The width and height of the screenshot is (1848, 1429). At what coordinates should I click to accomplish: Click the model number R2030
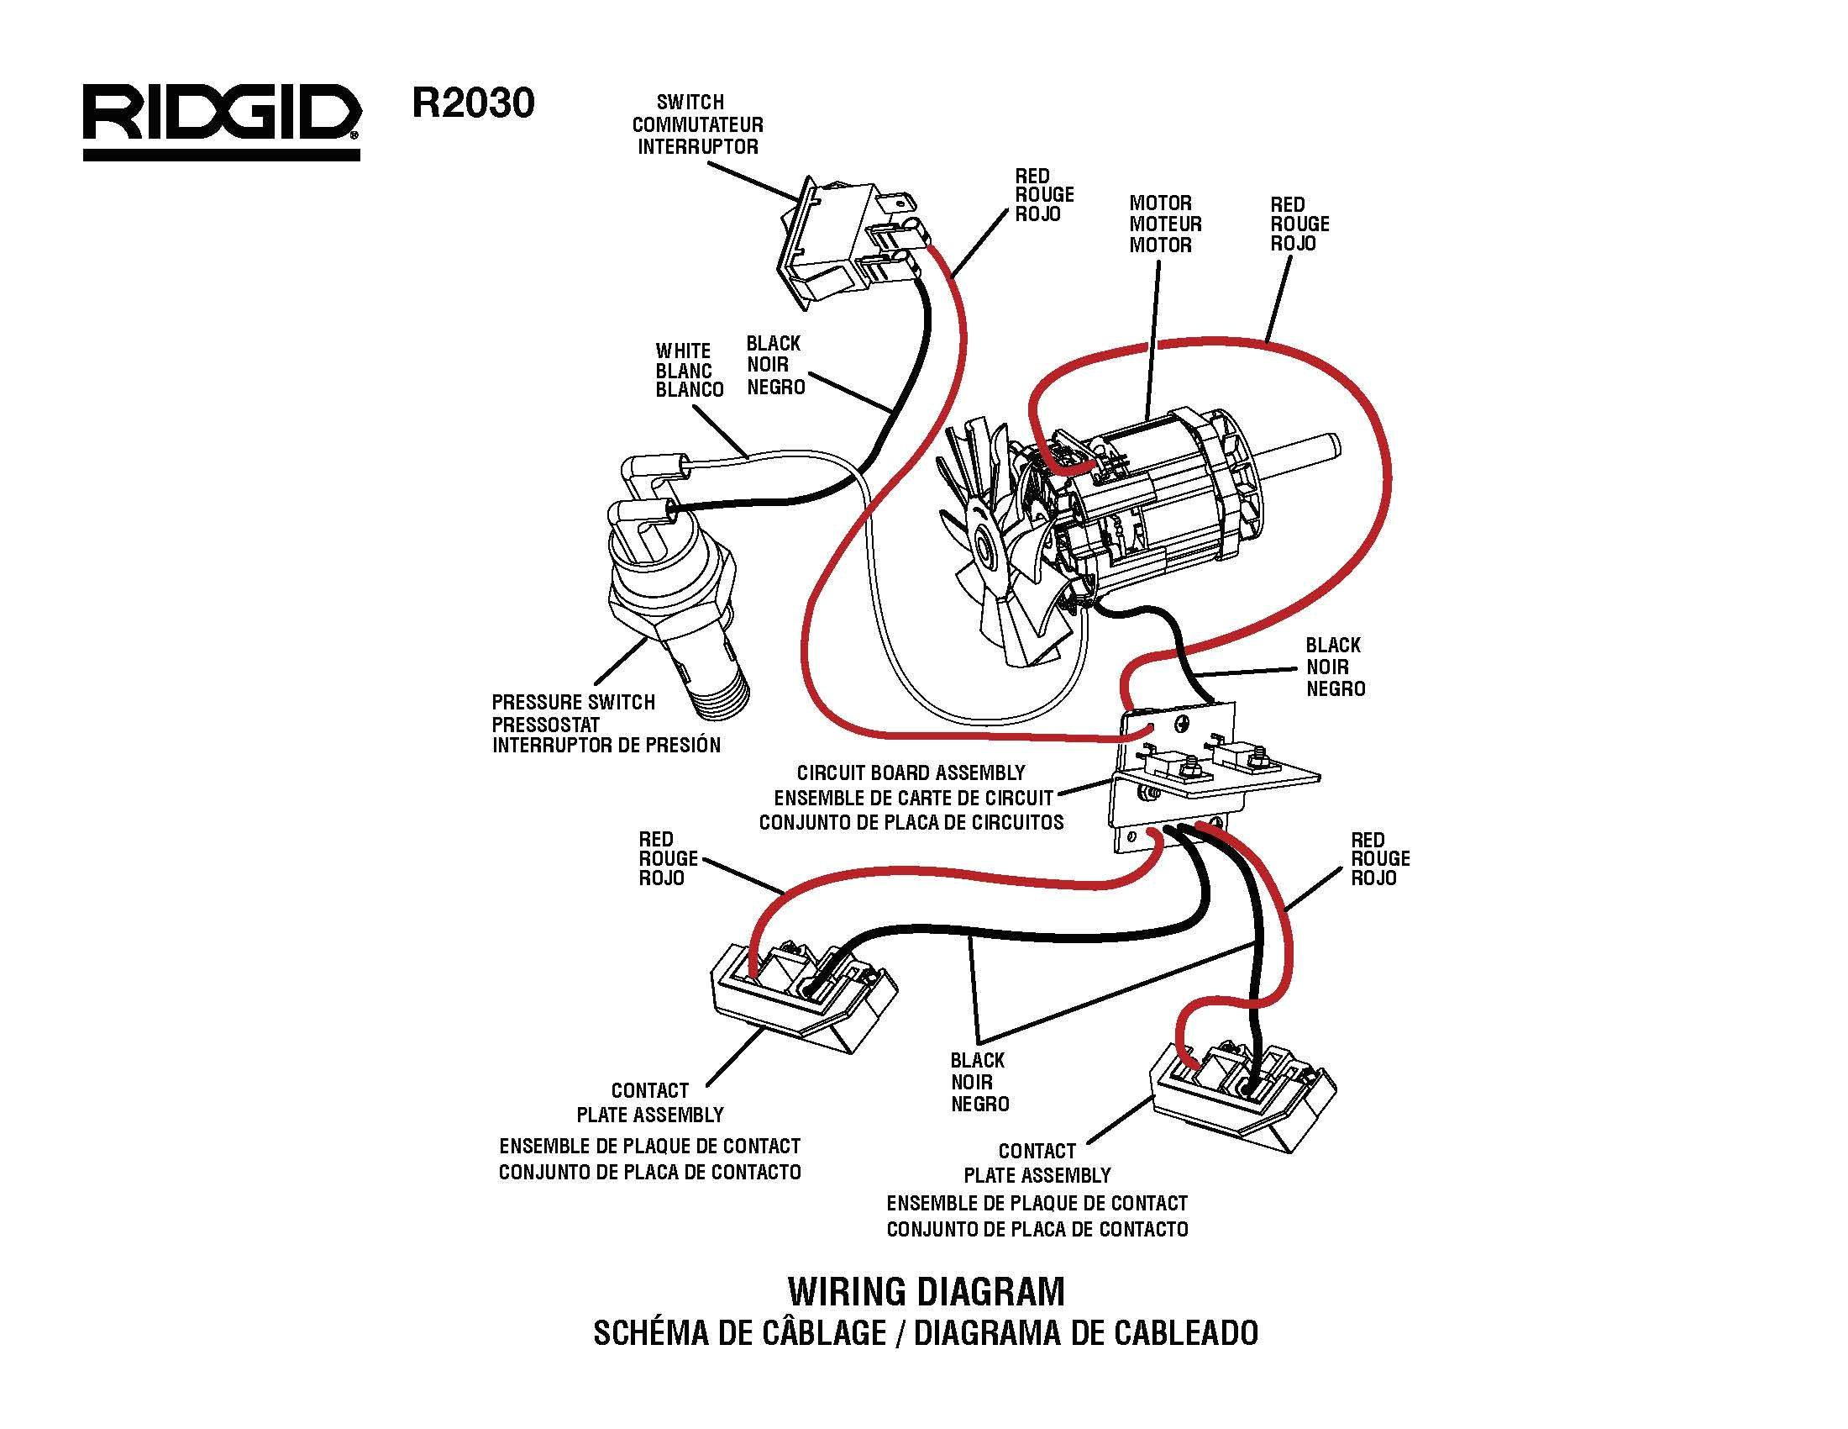coord(473,103)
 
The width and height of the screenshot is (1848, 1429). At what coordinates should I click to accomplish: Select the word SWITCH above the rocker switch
coord(690,103)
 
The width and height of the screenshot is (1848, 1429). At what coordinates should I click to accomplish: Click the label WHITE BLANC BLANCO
coord(689,370)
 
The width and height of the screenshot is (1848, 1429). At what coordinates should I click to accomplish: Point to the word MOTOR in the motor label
coord(1160,203)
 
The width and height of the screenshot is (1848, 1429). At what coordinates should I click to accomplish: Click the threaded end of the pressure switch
coord(725,695)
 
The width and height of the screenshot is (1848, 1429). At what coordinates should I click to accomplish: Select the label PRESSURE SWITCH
coord(573,703)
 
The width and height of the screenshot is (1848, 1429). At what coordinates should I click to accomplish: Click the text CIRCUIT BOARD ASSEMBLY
coord(911,773)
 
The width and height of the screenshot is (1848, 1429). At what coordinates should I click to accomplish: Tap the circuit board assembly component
coord(1201,770)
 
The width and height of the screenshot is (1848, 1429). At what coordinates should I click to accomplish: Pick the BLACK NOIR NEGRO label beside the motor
coord(1335,667)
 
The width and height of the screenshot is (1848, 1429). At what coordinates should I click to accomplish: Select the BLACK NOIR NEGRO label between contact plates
coord(978,1082)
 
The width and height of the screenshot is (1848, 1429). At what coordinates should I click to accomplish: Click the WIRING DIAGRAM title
coord(926,1292)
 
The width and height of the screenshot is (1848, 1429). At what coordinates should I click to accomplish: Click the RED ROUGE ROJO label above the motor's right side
coord(1299,224)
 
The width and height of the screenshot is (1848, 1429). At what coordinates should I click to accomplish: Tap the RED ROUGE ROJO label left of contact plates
coord(668,858)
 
